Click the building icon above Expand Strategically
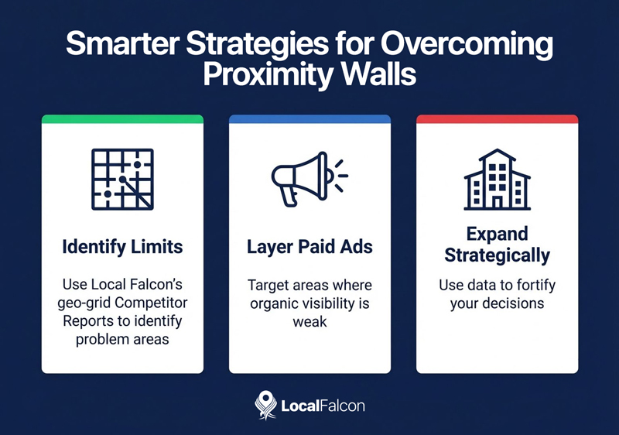pyautogui.click(x=497, y=180)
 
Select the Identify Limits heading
pyautogui.click(x=122, y=248)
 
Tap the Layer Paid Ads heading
pyautogui.click(x=309, y=248)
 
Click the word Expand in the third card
pyautogui.click(x=497, y=235)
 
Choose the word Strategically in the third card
pyautogui.click(x=497, y=255)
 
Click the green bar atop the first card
pyautogui.click(x=122, y=119)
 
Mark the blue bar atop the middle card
pyautogui.click(x=309, y=119)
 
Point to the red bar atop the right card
pyautogui.click(x=497, y=119)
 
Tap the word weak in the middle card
pyautogui.click(x=309, y=321)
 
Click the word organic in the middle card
pyautogui.click(x=273, y=303)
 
